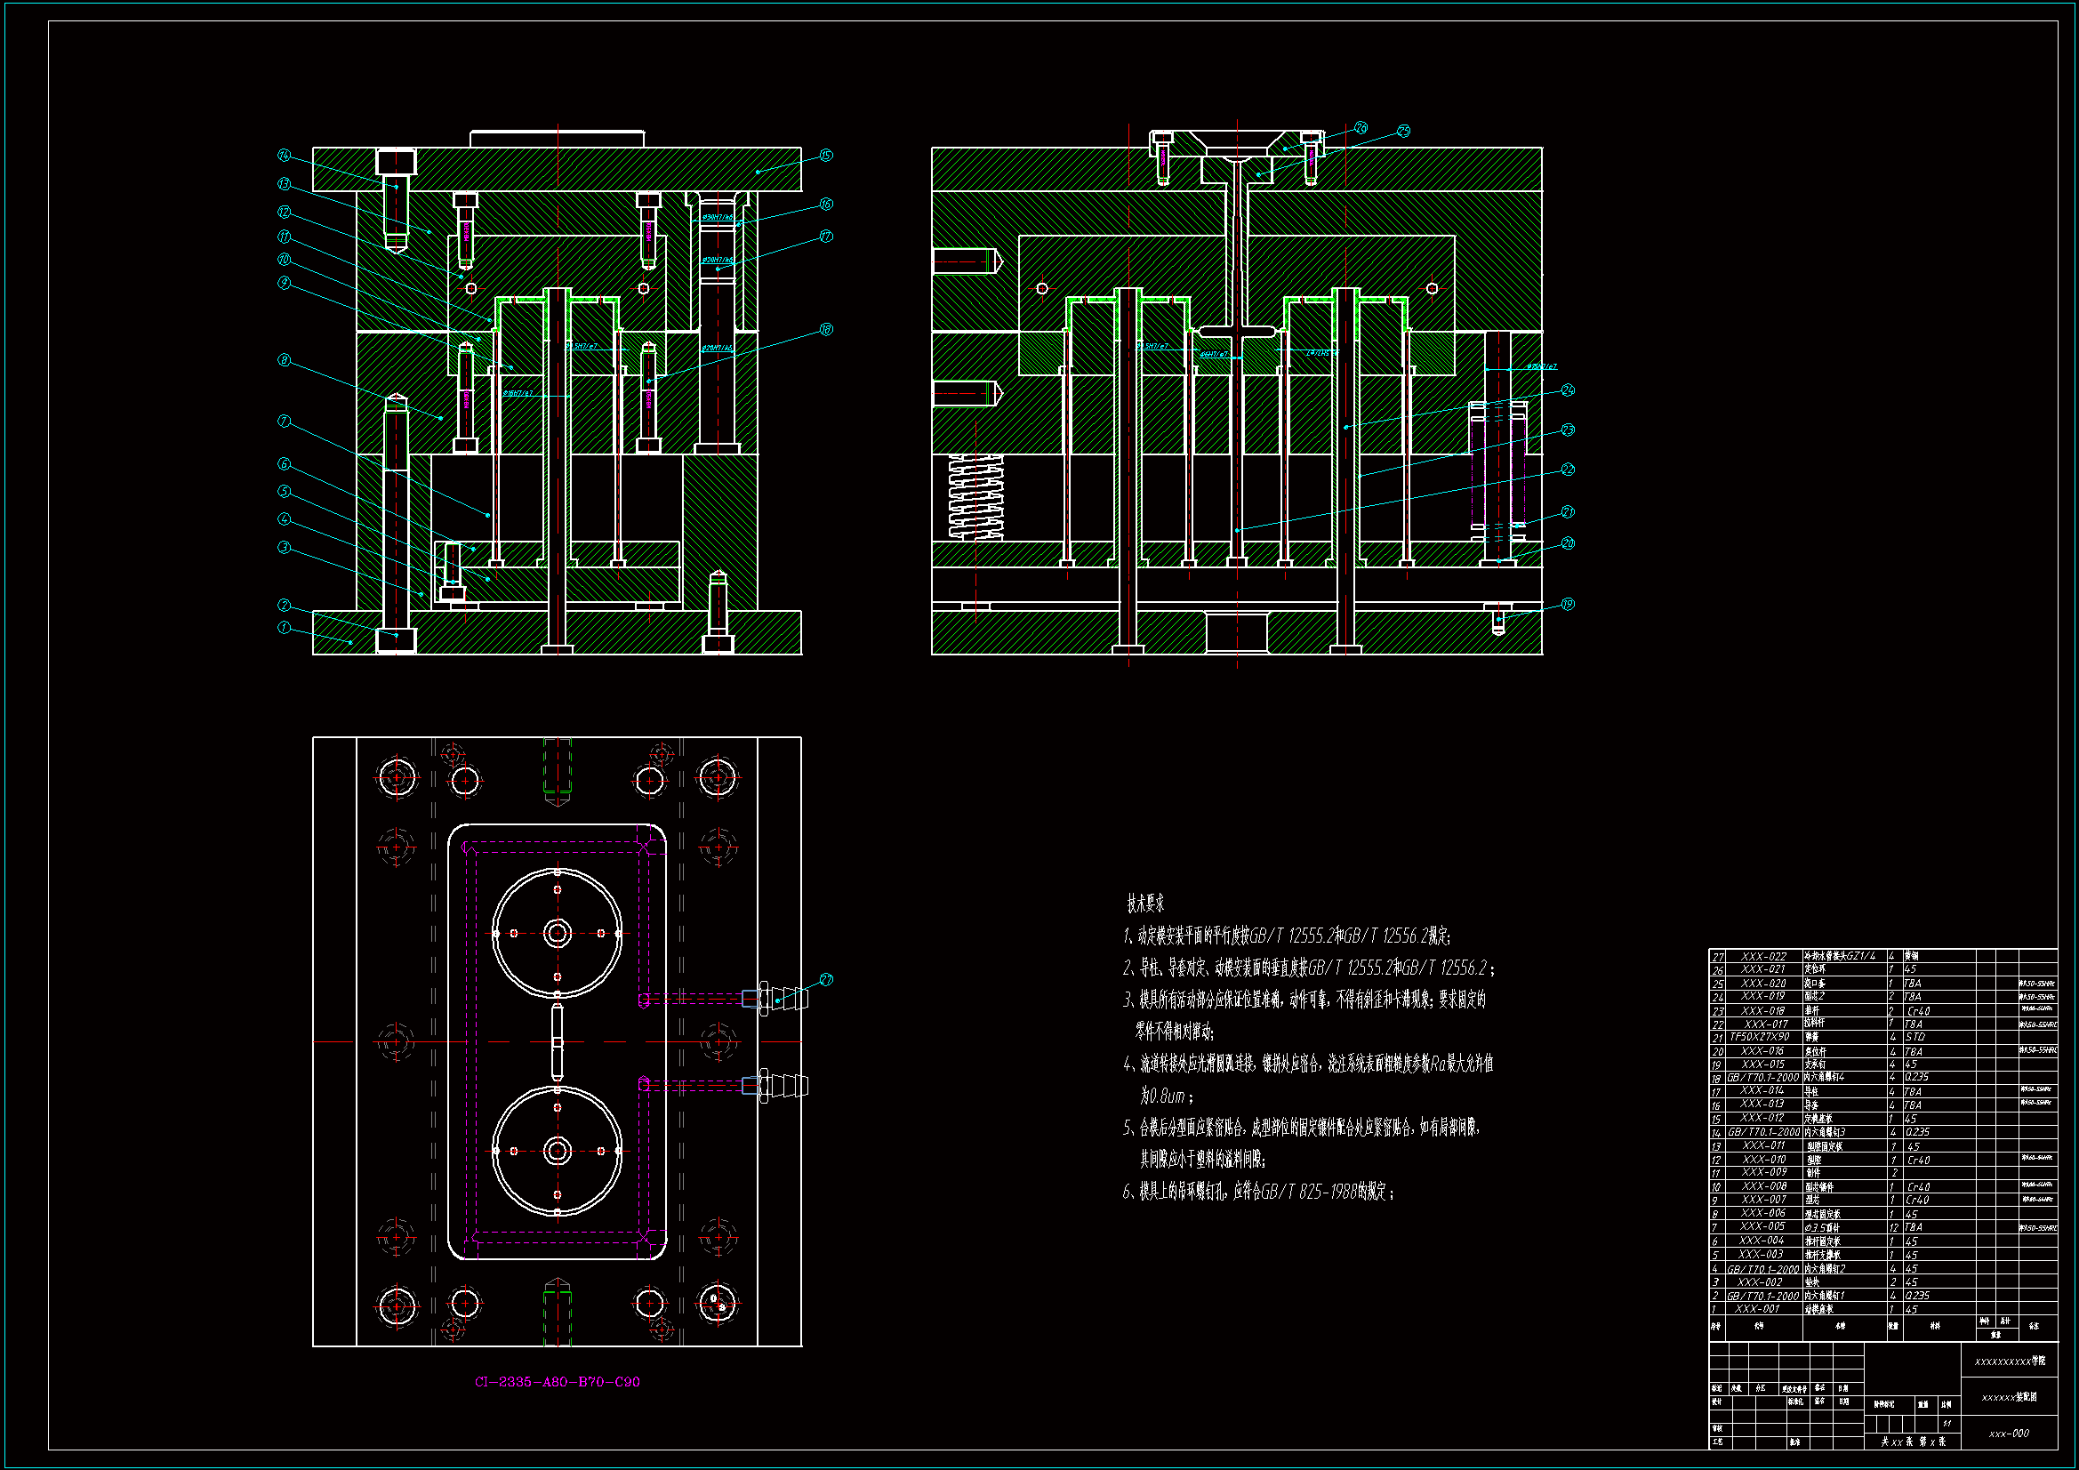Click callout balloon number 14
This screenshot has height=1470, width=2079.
285,156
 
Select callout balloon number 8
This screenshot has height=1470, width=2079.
285,360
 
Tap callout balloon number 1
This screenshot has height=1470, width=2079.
285,628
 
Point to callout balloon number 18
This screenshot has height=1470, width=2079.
826,330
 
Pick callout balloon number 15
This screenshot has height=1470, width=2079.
826,156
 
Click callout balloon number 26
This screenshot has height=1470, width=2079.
1361,129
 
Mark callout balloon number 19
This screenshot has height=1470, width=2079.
1568,604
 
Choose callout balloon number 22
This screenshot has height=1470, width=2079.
1568,470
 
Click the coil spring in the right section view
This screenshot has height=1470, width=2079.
975,497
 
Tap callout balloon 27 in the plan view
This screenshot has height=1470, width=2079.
826,980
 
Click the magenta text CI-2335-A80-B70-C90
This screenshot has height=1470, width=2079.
557,1382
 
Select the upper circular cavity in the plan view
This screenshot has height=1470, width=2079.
557,933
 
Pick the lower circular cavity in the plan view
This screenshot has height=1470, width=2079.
557,1151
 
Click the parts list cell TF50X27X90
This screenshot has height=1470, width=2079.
1760,1037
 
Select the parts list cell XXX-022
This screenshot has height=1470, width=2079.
1763,957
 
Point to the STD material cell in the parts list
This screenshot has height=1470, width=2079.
1915,1037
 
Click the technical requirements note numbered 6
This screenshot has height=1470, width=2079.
1258,1192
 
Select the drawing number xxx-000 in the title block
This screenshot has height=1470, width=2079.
2009,1434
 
